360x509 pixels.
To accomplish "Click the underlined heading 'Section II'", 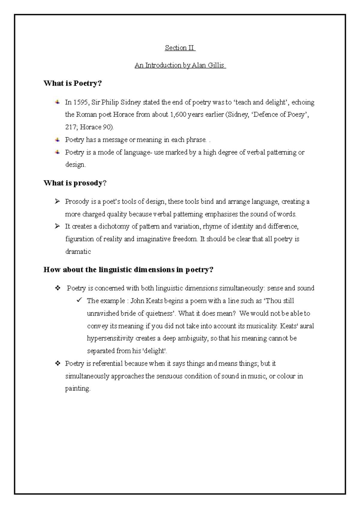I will [x=180, y=48].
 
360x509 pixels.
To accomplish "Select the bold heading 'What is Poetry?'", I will [x=73, y=83].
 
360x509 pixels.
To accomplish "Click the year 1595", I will [x=81, y=103].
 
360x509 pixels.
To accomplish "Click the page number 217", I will [x=70, y=127].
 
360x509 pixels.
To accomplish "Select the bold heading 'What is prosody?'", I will [x=75, y=183].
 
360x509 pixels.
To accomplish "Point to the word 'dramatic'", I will [x=78, y=252].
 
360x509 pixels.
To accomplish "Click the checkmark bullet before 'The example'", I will [x=79, y=300].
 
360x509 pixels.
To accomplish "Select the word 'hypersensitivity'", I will [x=110, y=338].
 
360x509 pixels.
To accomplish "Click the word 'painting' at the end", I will [x=77, y=389].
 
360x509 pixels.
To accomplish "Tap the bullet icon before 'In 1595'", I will [x=57, y=103].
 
